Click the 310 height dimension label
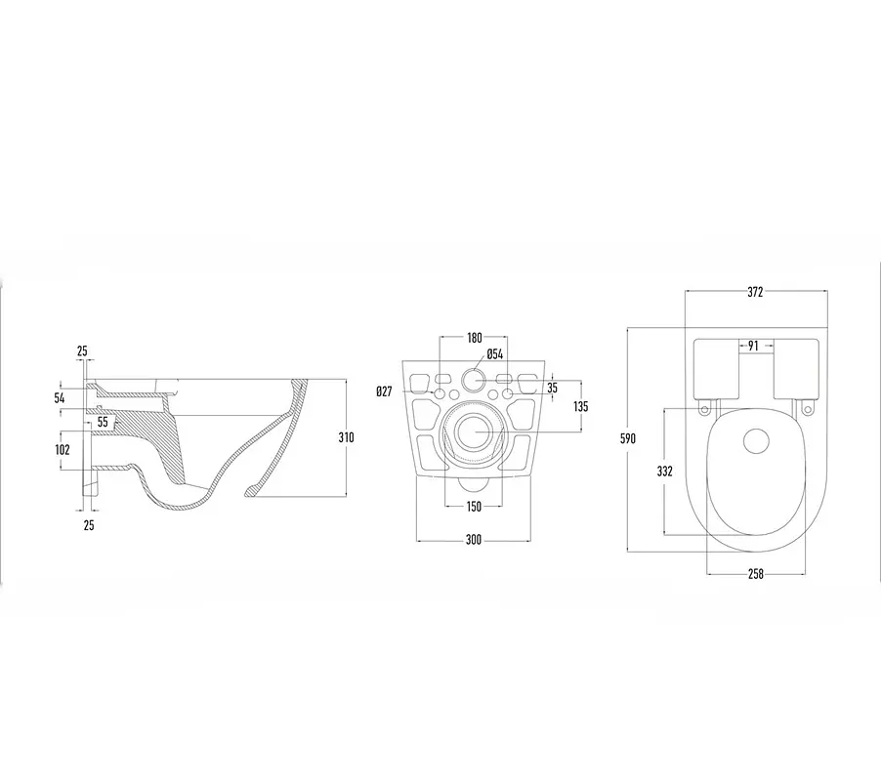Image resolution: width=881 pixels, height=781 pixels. (346, 437)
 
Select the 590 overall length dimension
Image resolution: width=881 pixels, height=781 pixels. (628, 438)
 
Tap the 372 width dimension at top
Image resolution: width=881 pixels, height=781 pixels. (755, 292)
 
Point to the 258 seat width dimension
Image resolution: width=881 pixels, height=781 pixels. (756, 574)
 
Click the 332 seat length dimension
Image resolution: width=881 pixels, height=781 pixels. (665, 472)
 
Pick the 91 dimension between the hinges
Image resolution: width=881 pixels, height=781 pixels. (753, 346)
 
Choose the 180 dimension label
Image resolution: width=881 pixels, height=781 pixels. (475, 338)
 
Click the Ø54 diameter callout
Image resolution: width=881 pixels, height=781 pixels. (494, 353)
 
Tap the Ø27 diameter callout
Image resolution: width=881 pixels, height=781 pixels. (384, 391)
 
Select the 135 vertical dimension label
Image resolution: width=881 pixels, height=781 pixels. (580, 406)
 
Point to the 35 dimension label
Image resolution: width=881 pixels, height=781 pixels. (552, 388)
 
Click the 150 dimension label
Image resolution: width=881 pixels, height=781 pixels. (474, 507)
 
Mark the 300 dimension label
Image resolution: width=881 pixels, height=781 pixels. (474, 540)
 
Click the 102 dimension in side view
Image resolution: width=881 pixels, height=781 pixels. (63, 449)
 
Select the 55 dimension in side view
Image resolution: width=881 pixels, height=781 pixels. (103, 421)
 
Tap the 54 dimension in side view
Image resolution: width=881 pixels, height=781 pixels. (60, 398)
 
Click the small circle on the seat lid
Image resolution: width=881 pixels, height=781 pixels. (756, 440)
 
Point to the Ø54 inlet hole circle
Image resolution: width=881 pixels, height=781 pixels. (474, 381)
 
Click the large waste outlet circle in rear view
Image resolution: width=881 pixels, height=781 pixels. (476, 432)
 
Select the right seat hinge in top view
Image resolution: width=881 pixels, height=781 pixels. (808, 408)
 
